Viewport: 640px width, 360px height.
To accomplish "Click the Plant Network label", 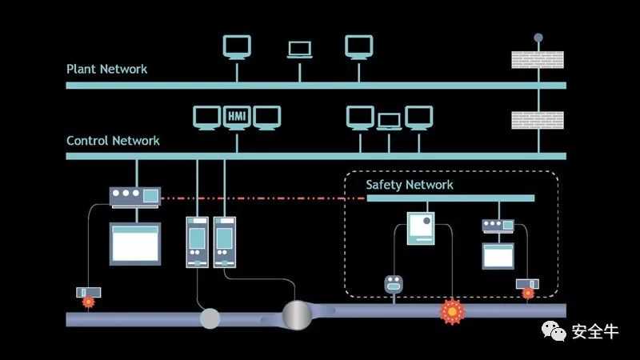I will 106,69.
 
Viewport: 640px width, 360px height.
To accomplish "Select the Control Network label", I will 113,141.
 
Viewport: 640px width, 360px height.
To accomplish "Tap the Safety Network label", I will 410,185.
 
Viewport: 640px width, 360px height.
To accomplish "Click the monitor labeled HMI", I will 237,117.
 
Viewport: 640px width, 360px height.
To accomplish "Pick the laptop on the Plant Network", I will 299,48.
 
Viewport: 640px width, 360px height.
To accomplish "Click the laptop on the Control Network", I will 389,121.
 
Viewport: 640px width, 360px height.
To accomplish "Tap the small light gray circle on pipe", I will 210,318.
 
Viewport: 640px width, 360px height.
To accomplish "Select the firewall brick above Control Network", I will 538,120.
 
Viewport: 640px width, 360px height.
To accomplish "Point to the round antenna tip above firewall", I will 538,37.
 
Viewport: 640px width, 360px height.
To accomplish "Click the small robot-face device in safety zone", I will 393,283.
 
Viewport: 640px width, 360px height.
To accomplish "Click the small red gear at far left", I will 88,302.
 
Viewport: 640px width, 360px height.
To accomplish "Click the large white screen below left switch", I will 134,243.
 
